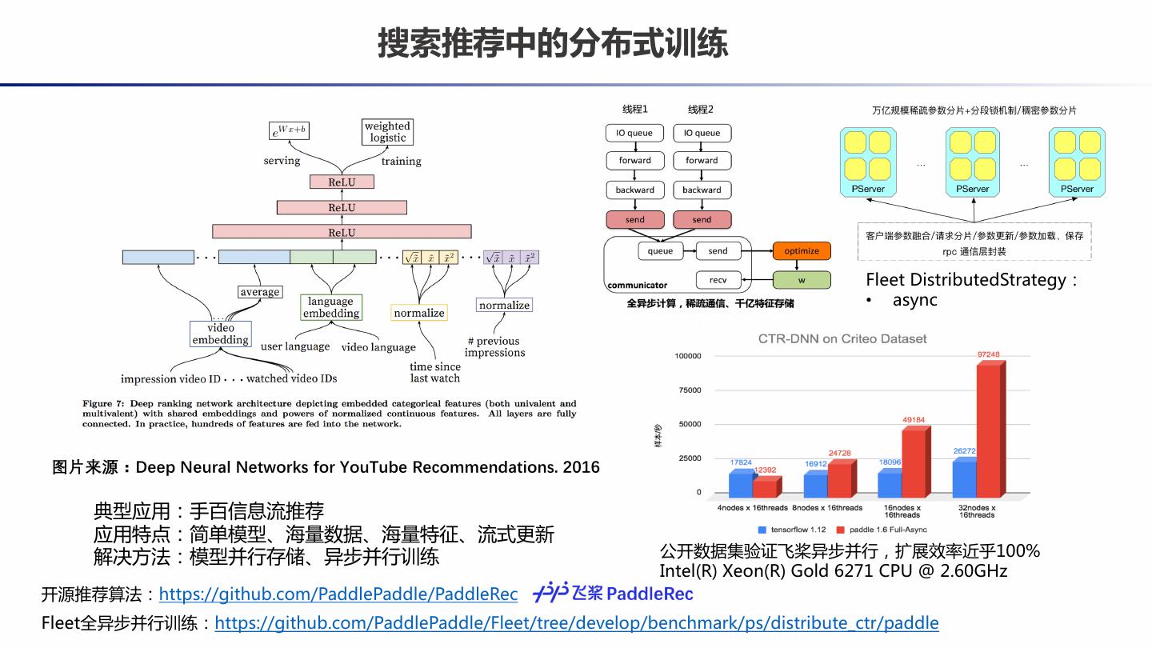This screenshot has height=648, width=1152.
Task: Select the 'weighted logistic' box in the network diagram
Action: pyautogui.click(x=387, y=132)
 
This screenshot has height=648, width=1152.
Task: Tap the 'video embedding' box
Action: pyautogui.click(x=221, y=334)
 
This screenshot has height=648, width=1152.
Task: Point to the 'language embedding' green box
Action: pyautogui.click(x=330, y=307)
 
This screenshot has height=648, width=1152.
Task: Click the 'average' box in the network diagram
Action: pyautogui.click(x=260, y=292)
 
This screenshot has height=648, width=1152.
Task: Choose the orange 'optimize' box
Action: pyautogui.click(x=801, y=251)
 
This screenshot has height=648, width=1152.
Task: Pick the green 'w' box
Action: pyautogui.click(x=801, y=280)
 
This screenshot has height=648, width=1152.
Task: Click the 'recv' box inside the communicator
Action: pyautogui.click(x=718, y=280)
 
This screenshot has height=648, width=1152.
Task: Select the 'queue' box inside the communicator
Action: pyautogui.click(x=660, y=251)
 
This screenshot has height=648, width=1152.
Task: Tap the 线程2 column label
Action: pyautogui.click(x=701, y=110)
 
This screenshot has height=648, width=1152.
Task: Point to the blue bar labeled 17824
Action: pyautogui.click(x=740, y=484)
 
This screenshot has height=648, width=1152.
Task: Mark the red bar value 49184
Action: pyautogui.click(x=913, y=420)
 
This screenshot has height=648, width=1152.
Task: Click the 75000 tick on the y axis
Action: pyautogui.click(x=688, y=390)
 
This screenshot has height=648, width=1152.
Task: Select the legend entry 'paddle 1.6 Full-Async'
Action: pyautogui.click(x=876, y=530)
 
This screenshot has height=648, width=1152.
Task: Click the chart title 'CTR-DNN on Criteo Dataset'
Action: pyautogui.click(x=842, y=339)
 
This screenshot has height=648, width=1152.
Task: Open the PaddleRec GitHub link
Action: pyautogui.click(x=338, y=594)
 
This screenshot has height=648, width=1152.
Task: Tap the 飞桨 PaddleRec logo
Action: pyautogui.click(x=613, y=593)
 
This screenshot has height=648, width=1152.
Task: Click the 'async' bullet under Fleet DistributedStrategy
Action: pyautogui.click(x=914, y=300)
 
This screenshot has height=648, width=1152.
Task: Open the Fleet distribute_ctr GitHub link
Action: pyautogui.click(x=577, y=623)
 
